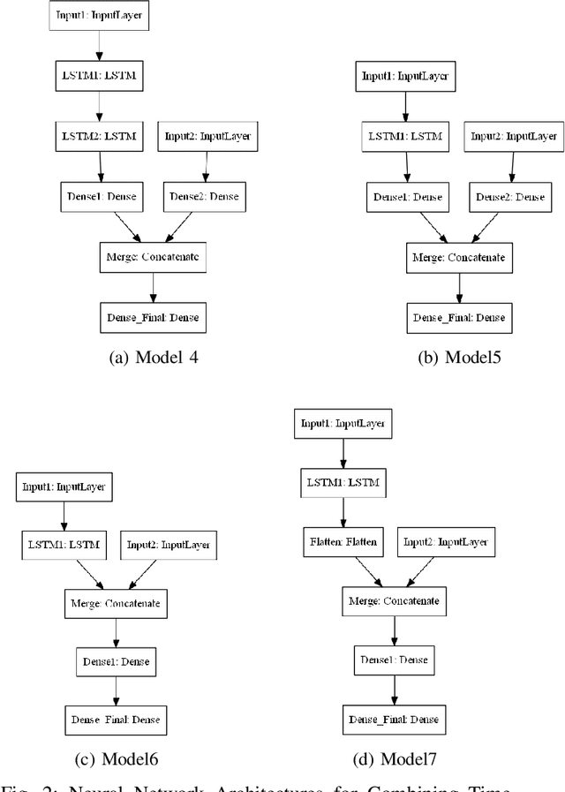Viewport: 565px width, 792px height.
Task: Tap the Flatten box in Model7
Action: click(343, 541)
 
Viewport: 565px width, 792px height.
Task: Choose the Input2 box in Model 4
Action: click(207, 137)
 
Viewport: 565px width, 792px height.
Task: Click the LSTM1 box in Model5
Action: click(406, 137)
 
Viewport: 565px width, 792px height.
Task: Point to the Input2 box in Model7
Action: click(446, 541)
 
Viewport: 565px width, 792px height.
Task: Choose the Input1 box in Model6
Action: click(64, 486)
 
